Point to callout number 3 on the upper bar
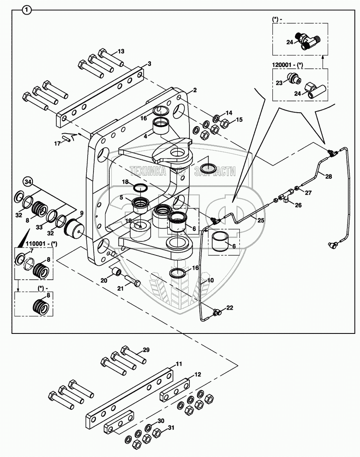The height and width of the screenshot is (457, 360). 149,64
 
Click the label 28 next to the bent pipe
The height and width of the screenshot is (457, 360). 329,177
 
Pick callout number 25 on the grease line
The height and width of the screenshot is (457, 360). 260,220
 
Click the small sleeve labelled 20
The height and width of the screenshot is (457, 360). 116,273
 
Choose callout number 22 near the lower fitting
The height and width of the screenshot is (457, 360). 229,308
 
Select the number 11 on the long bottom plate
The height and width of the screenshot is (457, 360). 179,364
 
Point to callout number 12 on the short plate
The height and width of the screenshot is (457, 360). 198,375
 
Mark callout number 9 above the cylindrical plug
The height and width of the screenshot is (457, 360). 82,213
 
